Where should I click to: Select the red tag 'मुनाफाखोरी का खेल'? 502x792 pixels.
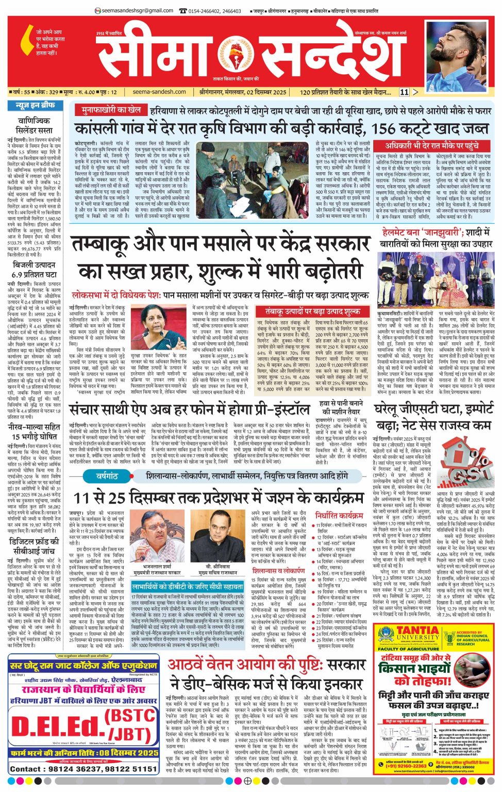click(108, 110)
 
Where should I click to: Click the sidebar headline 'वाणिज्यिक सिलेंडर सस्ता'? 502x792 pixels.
click(34, 125)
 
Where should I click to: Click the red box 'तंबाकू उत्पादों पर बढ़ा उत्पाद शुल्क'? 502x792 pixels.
click(312, 311)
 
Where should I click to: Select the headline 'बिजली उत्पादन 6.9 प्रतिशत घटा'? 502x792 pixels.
click(34, 269)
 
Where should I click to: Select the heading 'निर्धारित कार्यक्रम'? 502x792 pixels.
click(339, 515)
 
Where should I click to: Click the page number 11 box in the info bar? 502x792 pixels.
click(404, 92)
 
